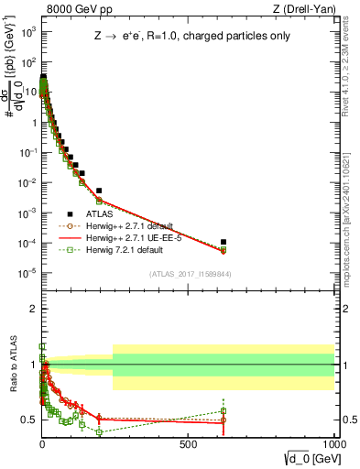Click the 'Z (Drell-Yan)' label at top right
coord(305,9)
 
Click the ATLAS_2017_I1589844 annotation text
coord(189,273)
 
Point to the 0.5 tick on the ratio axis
coord(28,420)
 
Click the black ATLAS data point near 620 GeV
coord(224,242)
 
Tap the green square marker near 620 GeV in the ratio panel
coord(224,410)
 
